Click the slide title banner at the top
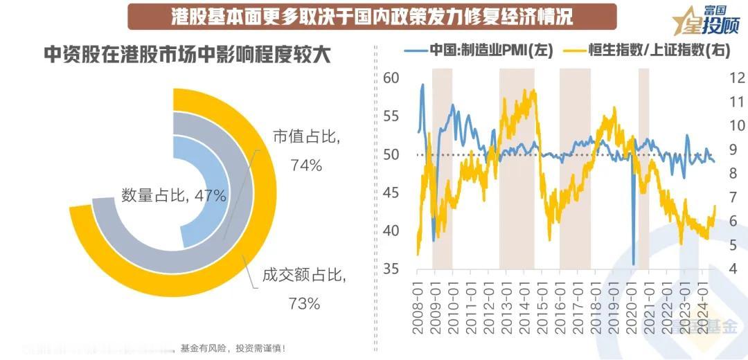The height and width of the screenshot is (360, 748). pyautogui.click(x=372, y=16)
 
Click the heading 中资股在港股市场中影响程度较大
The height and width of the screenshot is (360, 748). pyautogui.click(x=187, y=55)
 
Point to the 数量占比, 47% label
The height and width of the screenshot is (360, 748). pyautogui.click(x=174, y=196)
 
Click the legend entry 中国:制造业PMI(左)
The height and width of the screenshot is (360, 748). pyautogui.click(x=479, y=51)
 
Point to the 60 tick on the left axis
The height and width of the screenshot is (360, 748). pyautogui.click(x=392, y=78)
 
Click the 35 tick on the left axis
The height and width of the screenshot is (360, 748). pyautogui.click(x=392, y=269)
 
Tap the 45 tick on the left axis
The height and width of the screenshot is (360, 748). pyautogui.click(x=392, y=192)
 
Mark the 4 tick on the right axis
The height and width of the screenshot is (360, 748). pyautogui.click(x=731, y=269)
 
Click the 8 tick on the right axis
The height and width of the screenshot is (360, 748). pyautogui.click(x=731, y=173)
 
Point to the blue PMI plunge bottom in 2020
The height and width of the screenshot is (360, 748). pyautogui.click(x=633, y=263)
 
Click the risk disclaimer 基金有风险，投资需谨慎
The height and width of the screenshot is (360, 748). pyautogui.click(x=232, y=348)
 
